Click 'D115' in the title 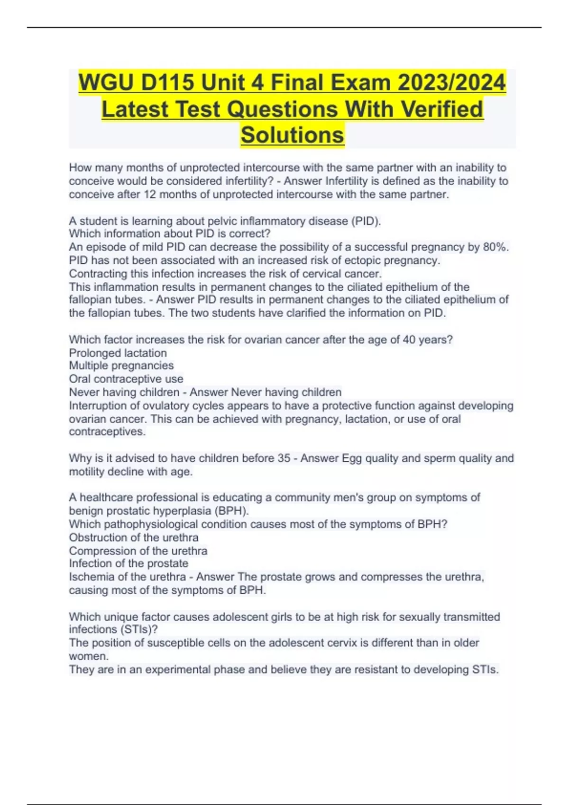click(x=167, y=83)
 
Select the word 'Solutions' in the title click(x=292, y=135)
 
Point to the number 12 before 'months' click(x=149, y=195)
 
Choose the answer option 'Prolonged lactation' click(x=118, y=353)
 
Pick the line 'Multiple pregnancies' click(x=121, y=366)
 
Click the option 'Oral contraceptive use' click(x=126, y=379)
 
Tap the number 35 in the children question click(x=284, y=458)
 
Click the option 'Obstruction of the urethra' click(x=133, y=537)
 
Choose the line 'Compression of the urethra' click(x=138, y=551)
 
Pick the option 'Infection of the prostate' click(x=128, y=563)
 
